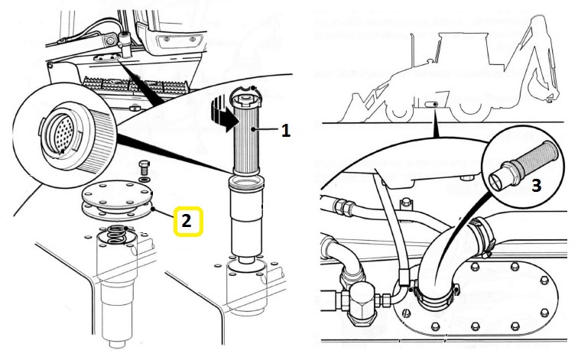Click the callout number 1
tap(285, 131)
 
